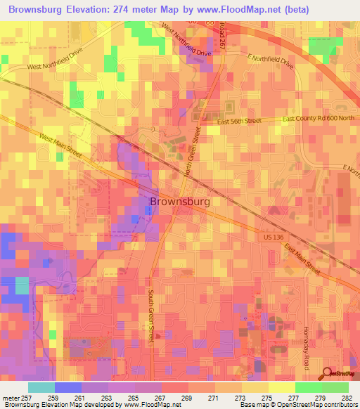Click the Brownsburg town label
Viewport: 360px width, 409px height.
tap(180, 201)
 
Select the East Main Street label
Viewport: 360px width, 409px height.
tap(302, 257)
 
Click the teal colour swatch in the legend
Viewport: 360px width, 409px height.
tap(41, 387)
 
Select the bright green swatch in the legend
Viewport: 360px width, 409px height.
tap(308, 387)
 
